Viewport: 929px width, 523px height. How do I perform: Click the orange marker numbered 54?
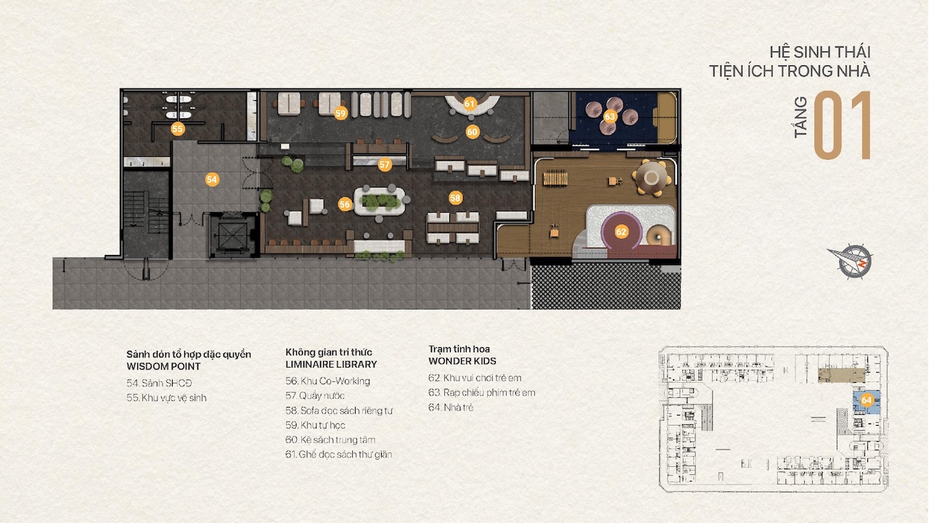[x=212, y=179]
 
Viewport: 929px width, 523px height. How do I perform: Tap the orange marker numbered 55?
[x=178, y=129]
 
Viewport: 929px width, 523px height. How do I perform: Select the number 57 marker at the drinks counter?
[x=385, y=164]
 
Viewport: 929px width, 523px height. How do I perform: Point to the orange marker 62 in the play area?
[x=621, y=232]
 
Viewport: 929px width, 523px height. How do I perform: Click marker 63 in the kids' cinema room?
[x=610, y=117]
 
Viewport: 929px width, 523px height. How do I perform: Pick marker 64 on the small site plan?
[x=867, y=400]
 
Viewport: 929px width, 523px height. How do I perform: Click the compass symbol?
[x=851, y=261]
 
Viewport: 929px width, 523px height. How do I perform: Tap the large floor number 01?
[x=842, y=126]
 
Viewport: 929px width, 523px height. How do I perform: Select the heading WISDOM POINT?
[x=163, y=367]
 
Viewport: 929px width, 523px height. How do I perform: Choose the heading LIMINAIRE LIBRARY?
[x=331, y=365]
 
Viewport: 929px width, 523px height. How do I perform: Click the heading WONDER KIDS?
[x=462, y=361]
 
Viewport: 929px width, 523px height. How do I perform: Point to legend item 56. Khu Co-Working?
[x=327, y=381]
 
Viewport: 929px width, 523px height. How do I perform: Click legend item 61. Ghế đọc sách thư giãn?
[x=338, y=455]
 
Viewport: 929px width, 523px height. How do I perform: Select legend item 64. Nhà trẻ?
[x=451, y=408]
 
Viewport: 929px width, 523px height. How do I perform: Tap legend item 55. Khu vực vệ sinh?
[x=166, y=397]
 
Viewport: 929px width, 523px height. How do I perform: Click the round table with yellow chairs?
[x=652, y=178]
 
